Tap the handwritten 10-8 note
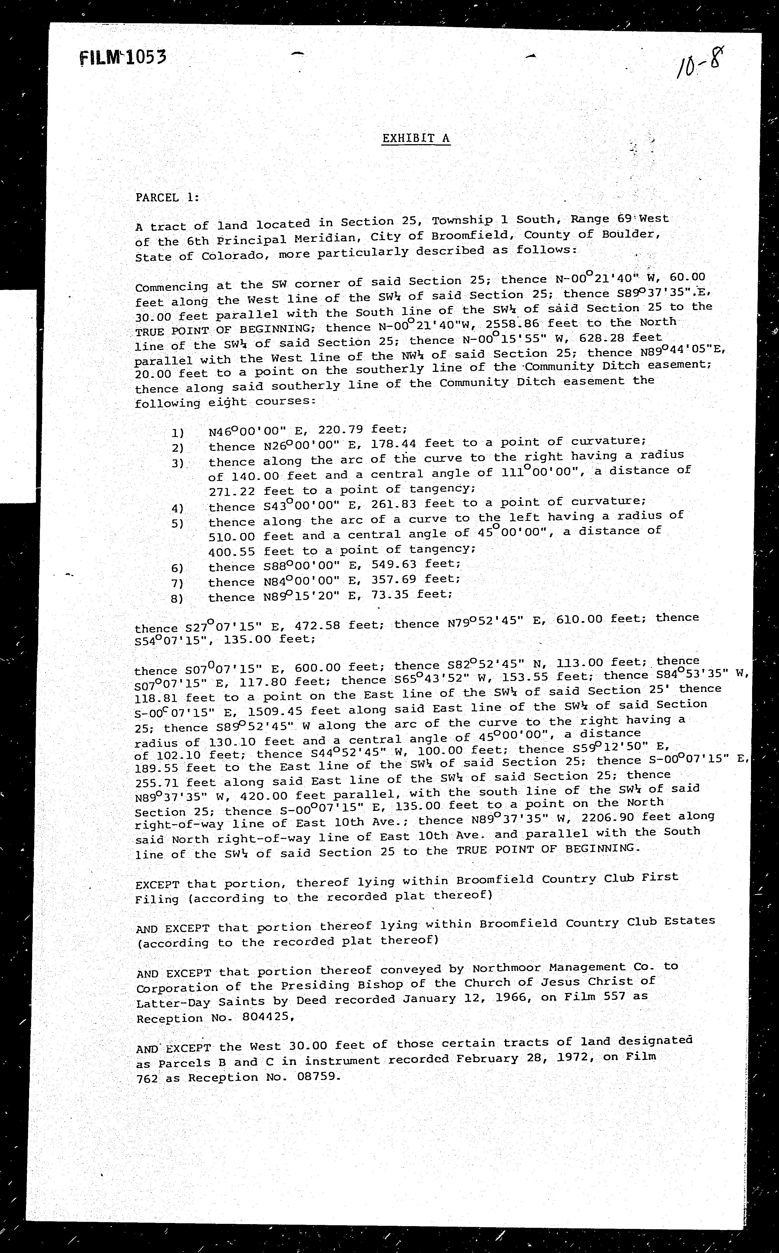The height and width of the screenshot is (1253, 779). point(700,64)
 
